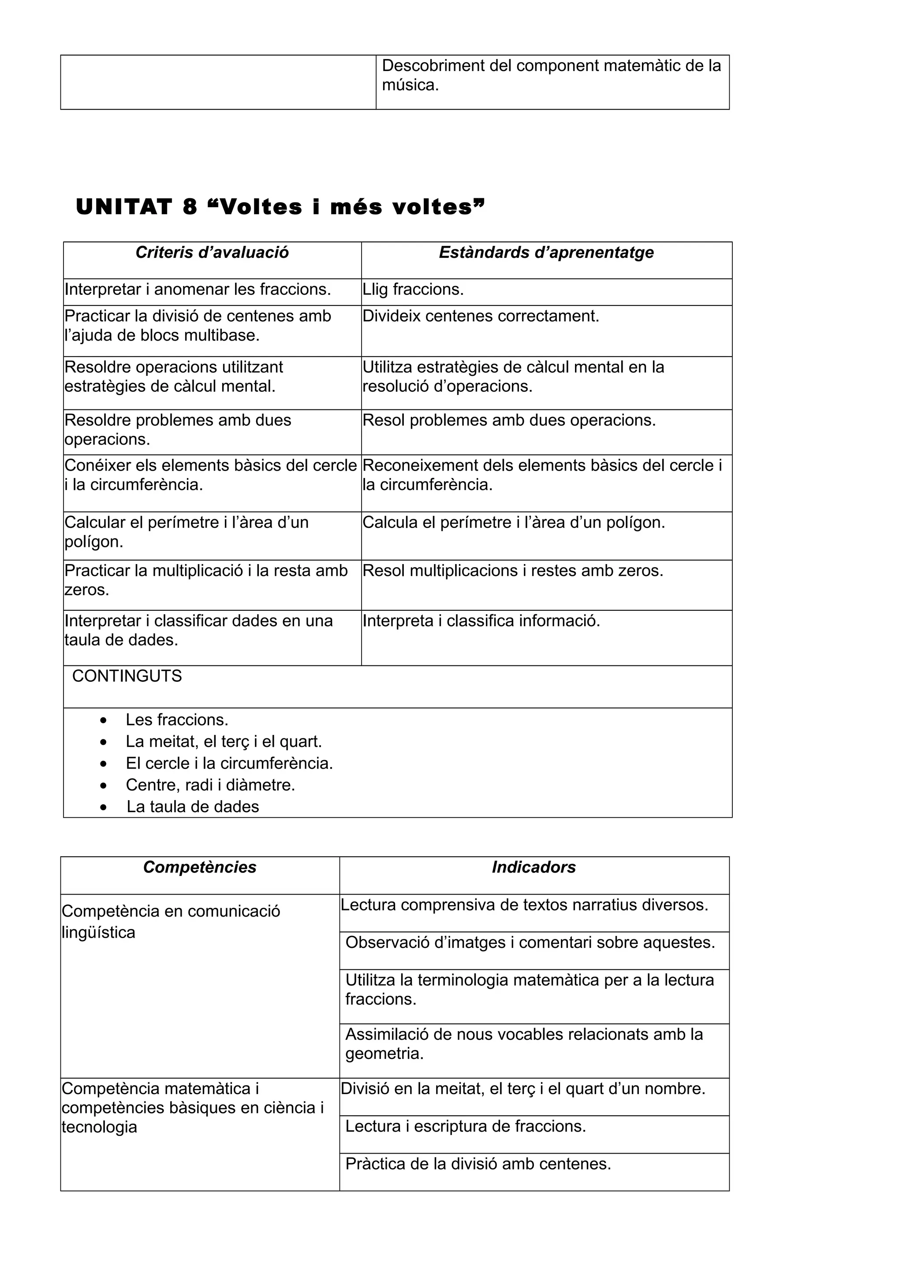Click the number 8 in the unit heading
[x=190, y=208]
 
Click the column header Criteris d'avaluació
[x=212, y=252]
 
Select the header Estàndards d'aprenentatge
[x=546, y=252]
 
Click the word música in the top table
[x=410, y=85]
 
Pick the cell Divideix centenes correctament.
[x=481, y=316]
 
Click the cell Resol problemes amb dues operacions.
[x=509, y=420]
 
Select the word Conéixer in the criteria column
[x=98, y=465]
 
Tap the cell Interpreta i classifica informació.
[x=481, y=621]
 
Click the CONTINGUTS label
[x=127, y=676]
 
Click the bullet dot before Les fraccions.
[x=104, y=720]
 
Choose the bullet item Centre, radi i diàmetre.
[x=210, y=785]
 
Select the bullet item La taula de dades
[x=193, y=806]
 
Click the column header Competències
[x=200, y=867]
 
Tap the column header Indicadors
[x=534, y=867]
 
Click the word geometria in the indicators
[x=384, y=1054]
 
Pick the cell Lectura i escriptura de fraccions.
[x=466, y=1126]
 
